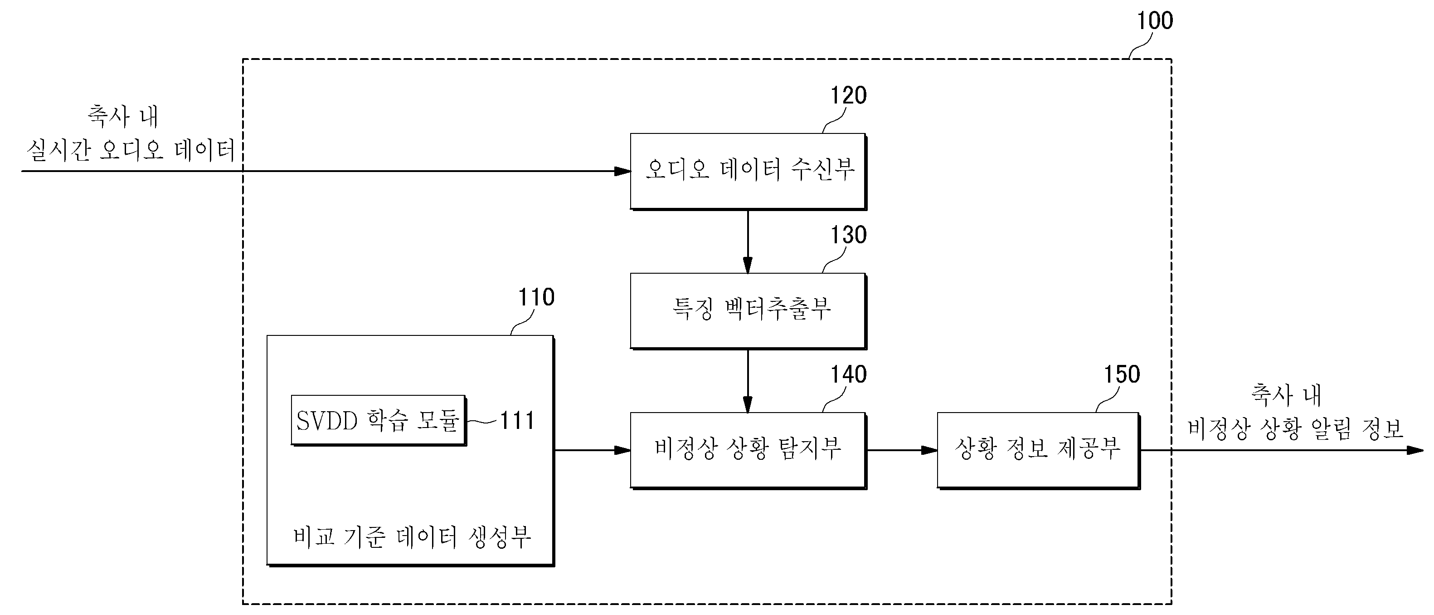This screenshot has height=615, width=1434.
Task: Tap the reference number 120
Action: coord(848,95)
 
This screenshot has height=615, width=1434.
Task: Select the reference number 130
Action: coord(848,235)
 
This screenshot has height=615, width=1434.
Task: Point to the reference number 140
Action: coord(848,374)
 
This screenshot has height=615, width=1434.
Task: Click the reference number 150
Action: coord(1122,374)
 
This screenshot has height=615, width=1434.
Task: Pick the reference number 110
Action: coord(536,297)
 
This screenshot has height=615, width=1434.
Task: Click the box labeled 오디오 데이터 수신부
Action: coord(748,171)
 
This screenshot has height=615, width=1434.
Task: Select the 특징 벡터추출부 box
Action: coord(748,311)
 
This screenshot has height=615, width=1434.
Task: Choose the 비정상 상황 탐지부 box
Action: coord(748,450)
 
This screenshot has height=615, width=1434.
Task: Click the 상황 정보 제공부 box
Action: coord(1038,450)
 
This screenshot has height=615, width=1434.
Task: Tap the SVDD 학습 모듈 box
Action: coord(379,421)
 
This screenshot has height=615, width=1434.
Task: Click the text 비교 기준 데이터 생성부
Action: coord(412,537)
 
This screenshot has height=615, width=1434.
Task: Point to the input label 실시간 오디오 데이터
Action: coord(131,150)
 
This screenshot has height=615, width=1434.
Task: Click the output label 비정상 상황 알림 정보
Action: coord(1295,429)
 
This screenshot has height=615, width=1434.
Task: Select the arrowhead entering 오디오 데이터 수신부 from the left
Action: coord(622,171)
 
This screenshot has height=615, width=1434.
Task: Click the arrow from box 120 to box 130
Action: coord(748,242)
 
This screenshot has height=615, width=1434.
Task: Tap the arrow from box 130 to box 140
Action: coord(748,381)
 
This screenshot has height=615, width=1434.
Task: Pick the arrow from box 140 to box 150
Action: coord(902,450)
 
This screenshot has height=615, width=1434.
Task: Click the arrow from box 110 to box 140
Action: coord(592,450)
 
